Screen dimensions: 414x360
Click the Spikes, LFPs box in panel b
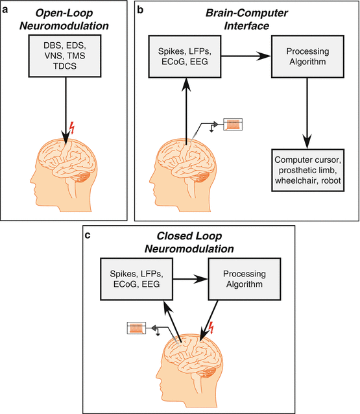[x=184, y=65]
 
